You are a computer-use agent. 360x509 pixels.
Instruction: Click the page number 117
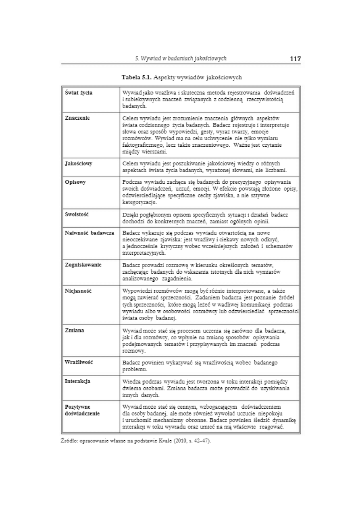point(295,59)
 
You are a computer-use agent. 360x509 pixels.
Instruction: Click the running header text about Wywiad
point(181,58)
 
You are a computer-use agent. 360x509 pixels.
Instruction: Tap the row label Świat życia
point(79,93)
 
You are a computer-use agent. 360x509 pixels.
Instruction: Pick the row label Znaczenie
point(77,118)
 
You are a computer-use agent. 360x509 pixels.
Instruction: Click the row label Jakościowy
point(79,164)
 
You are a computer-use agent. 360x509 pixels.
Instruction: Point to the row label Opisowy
point(75,182)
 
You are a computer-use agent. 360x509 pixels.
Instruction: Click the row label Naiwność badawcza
point(89,233)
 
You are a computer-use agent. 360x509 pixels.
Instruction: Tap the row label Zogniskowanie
point(83,264)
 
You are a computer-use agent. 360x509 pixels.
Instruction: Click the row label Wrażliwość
point(79,362)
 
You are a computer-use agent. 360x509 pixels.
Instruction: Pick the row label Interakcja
point(78,380)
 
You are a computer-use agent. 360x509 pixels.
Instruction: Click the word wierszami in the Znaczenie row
point(150,152)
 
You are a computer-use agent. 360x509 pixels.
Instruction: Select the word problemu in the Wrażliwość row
point(133,369)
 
